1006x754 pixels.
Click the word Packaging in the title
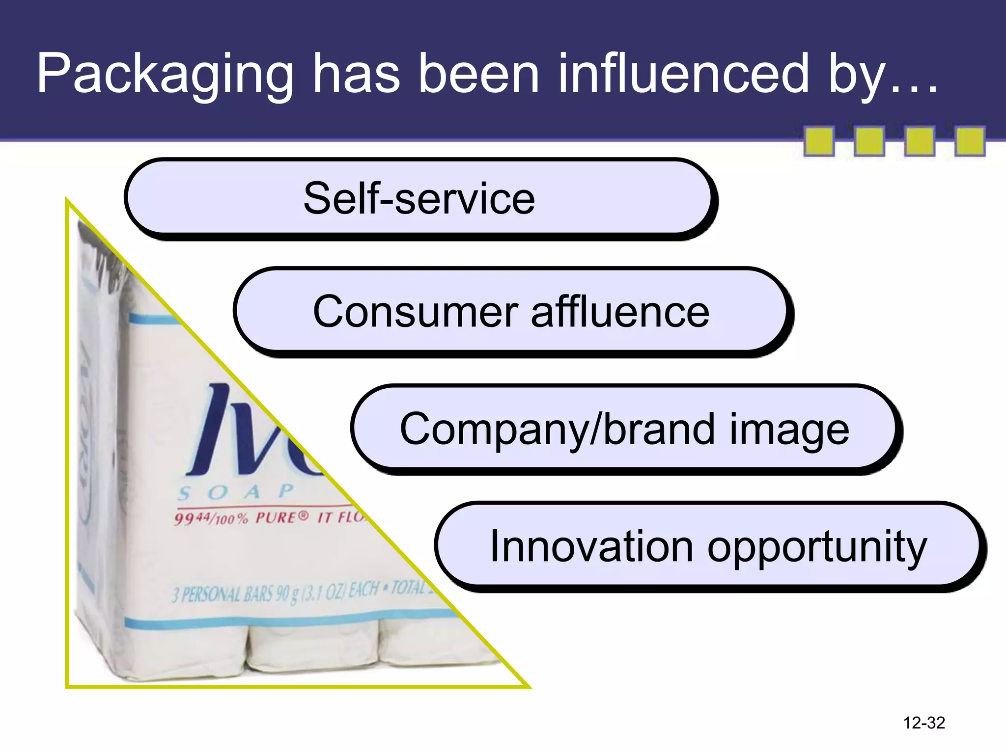click(165, 75)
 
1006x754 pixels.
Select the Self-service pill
click(419, 198)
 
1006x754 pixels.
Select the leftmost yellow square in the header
click(819, 141)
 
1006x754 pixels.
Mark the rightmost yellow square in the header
click(970, 141)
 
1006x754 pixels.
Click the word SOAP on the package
click(236, 492)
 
